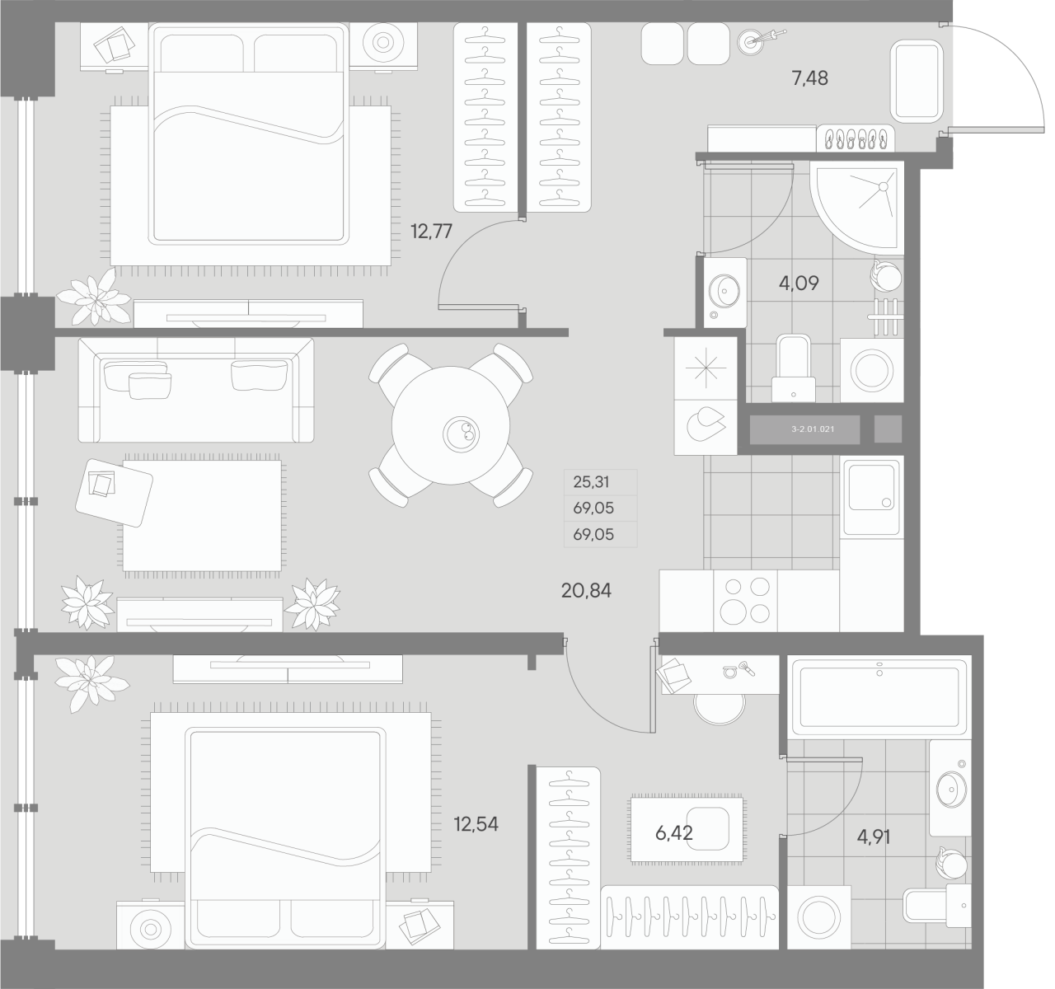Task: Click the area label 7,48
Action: coord(809,79)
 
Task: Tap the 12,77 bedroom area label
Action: coord(431,231)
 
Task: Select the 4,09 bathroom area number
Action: coord(799,284)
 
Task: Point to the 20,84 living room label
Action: coord(585,590)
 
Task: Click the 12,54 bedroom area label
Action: coord(476,823)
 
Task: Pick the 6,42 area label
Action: coord(673,833)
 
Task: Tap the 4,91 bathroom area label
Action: coord(874,837)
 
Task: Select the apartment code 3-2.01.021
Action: coord(804,429)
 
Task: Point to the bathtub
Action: coord(879,697)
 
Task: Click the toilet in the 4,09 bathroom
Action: coord(793,367)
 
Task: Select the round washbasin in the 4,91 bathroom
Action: coord(951,791)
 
